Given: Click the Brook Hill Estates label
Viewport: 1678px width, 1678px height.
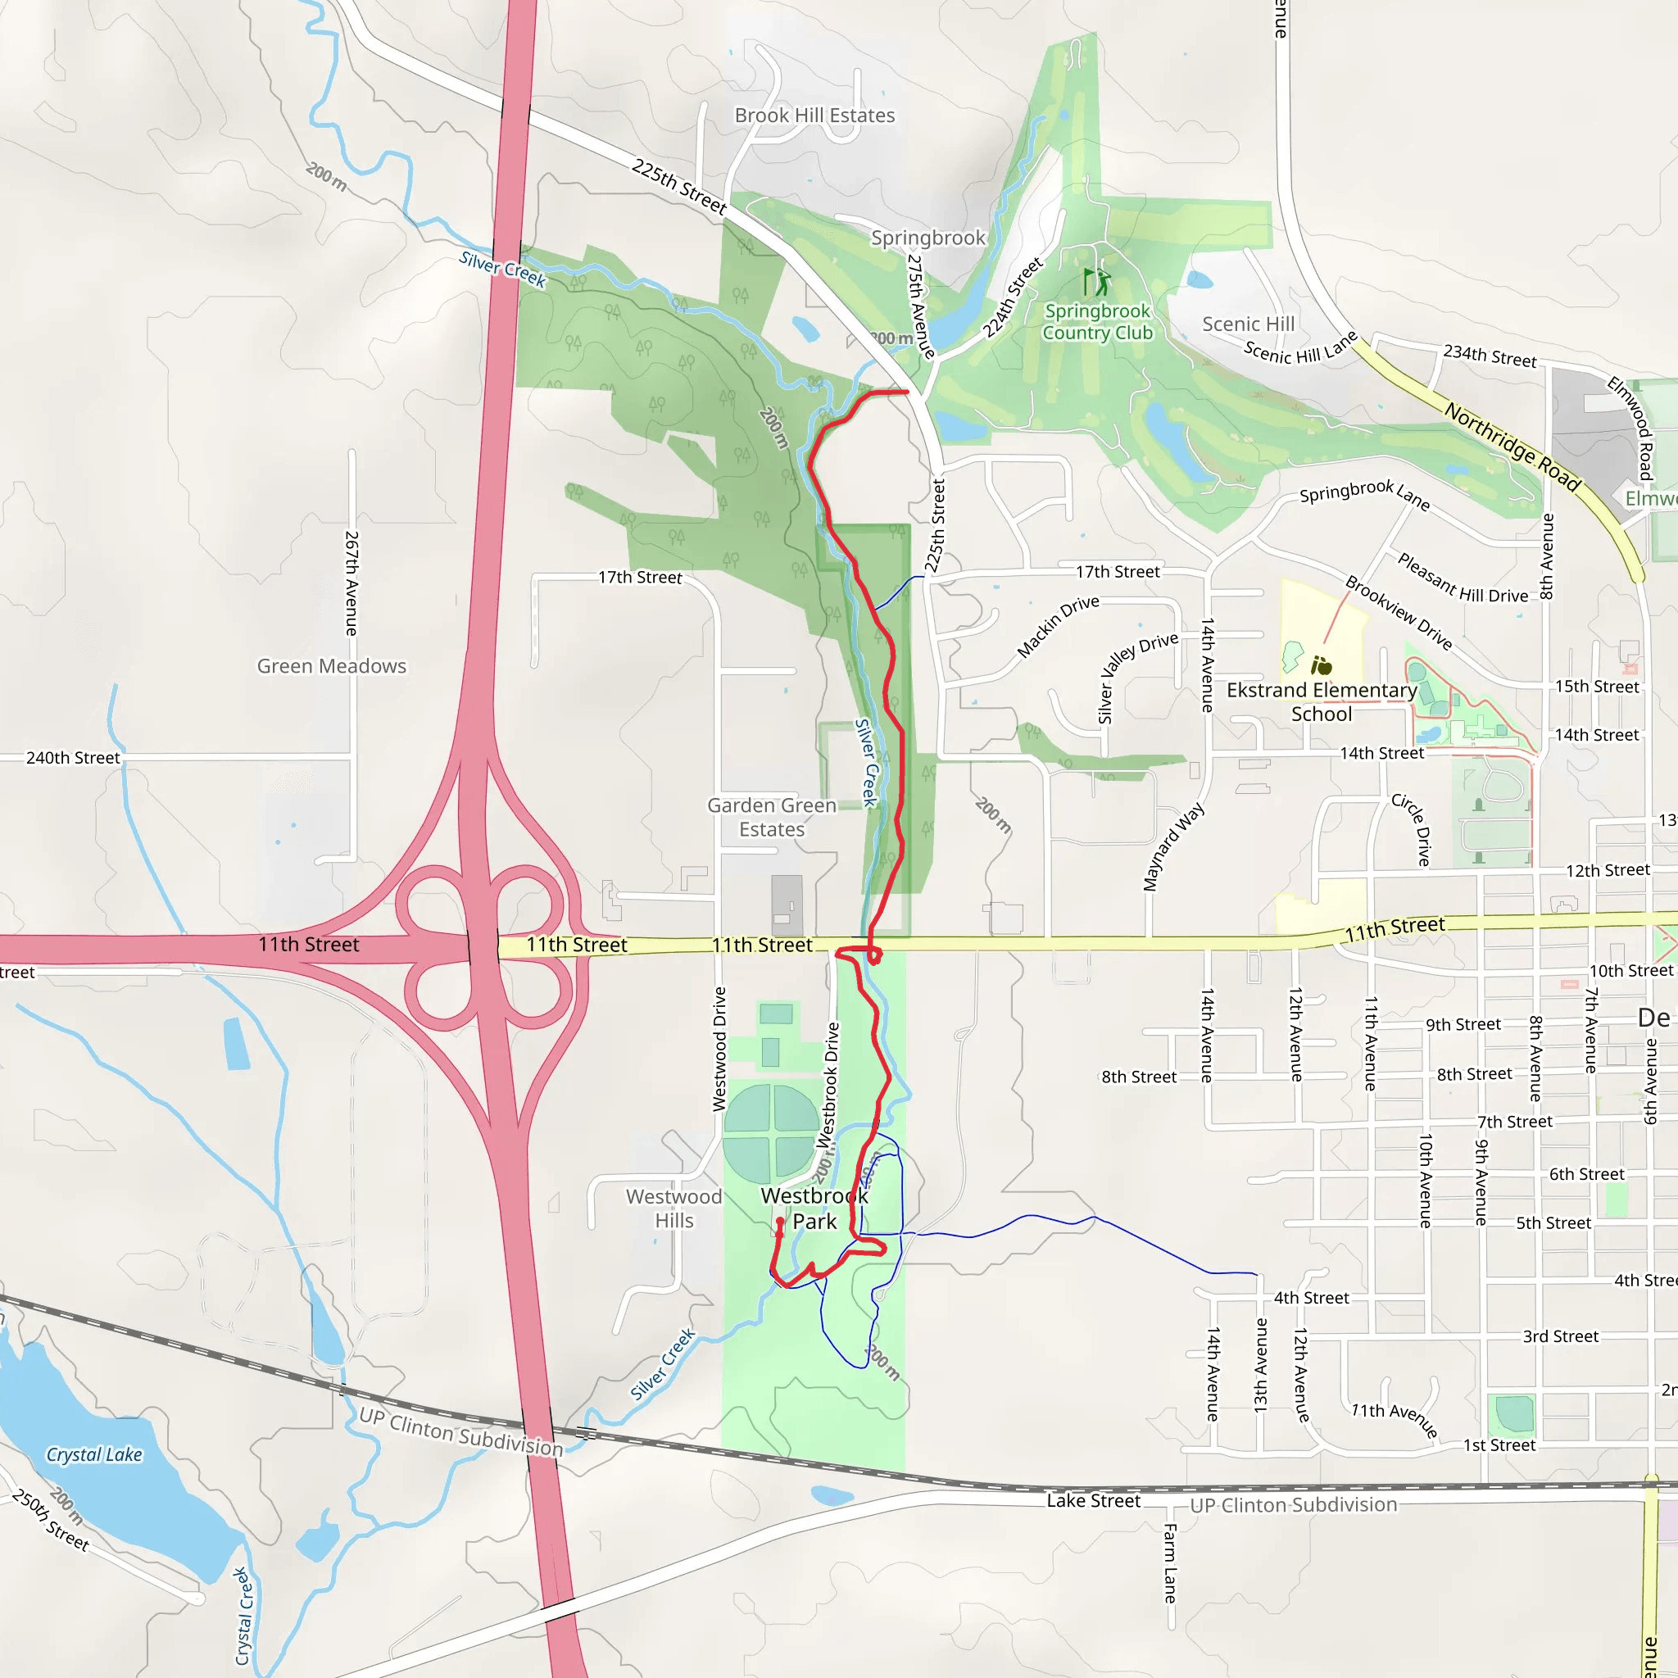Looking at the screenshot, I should tap(814, 116).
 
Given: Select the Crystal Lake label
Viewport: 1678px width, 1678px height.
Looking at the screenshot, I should tap(93, 1454).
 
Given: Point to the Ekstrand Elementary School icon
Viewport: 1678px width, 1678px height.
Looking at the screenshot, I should tap(1321, 665).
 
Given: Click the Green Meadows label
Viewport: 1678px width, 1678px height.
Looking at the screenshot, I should tap(331, 666).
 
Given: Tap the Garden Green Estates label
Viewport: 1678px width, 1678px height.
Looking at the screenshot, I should tap(771, 817).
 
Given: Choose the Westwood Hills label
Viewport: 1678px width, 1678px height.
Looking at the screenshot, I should tap(674, 1209).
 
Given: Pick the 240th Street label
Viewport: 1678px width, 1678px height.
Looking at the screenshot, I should tap(73, 757).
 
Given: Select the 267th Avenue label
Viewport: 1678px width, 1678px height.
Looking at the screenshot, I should tap(351, 583).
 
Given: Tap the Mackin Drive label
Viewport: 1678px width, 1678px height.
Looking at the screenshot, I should tap(1058, 625).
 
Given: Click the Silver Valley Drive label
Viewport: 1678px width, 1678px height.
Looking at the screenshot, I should tap(1137, 677).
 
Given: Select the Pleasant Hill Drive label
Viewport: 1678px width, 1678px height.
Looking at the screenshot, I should tap(1462, 578).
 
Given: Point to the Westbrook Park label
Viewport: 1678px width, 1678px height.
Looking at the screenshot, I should tap(814, 1209).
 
